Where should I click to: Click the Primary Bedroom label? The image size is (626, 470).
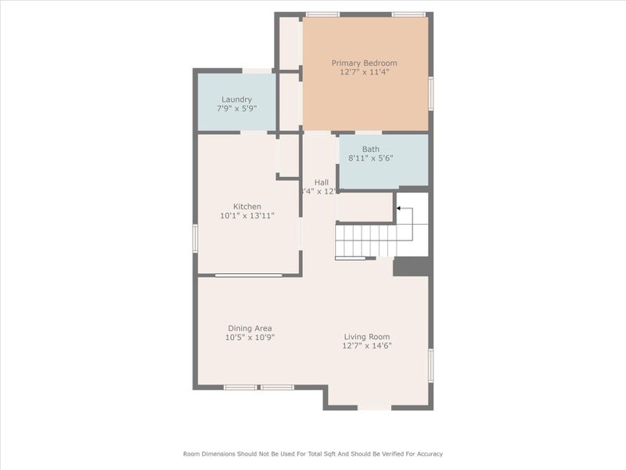click(364, 63)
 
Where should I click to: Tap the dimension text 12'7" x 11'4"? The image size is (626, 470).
click(364, 72)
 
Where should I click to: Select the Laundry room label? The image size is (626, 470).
click(236, 99)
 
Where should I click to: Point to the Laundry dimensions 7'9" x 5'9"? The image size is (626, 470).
click(236, 108)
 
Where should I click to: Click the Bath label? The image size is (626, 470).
click(370, 149)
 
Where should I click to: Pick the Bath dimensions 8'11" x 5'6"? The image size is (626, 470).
click(370, 158)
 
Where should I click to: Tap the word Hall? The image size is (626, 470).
click(321, 183)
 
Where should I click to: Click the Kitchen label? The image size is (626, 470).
click(246, 207)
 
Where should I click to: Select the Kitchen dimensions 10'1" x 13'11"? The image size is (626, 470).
click(246, 215)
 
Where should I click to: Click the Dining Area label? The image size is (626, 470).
click(250, 328)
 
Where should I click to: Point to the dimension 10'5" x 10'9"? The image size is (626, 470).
click(250, 338)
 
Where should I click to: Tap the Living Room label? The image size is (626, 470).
click(367, 337)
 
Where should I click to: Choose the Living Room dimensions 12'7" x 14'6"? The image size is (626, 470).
click(367, 345)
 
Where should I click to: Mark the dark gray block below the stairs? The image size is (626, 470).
click(412, 266)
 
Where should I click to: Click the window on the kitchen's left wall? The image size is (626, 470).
click(196, 236)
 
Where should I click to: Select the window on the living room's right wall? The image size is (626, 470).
click(430, 365)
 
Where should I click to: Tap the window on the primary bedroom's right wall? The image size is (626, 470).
click(430, 92)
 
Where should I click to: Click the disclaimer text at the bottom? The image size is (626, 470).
click(313, 454)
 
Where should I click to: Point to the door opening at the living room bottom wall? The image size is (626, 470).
click(374, 407)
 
